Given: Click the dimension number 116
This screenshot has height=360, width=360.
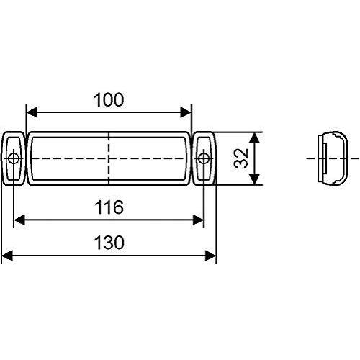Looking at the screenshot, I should click(109, 207).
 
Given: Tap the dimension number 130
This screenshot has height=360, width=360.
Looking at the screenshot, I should click(109, 243).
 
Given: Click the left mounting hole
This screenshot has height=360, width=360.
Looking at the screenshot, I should click(14, 158).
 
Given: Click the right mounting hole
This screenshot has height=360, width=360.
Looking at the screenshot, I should click(204, 158).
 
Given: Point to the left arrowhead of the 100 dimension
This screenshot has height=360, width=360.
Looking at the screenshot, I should click(31, 112).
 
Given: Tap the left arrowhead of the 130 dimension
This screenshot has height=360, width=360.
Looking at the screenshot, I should click(6, 255).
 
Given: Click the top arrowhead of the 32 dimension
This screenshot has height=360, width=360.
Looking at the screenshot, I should click(253, 137).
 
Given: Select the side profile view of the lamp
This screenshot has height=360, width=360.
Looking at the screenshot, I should click(333, 158).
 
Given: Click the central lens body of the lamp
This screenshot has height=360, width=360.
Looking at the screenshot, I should click(72, 148).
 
